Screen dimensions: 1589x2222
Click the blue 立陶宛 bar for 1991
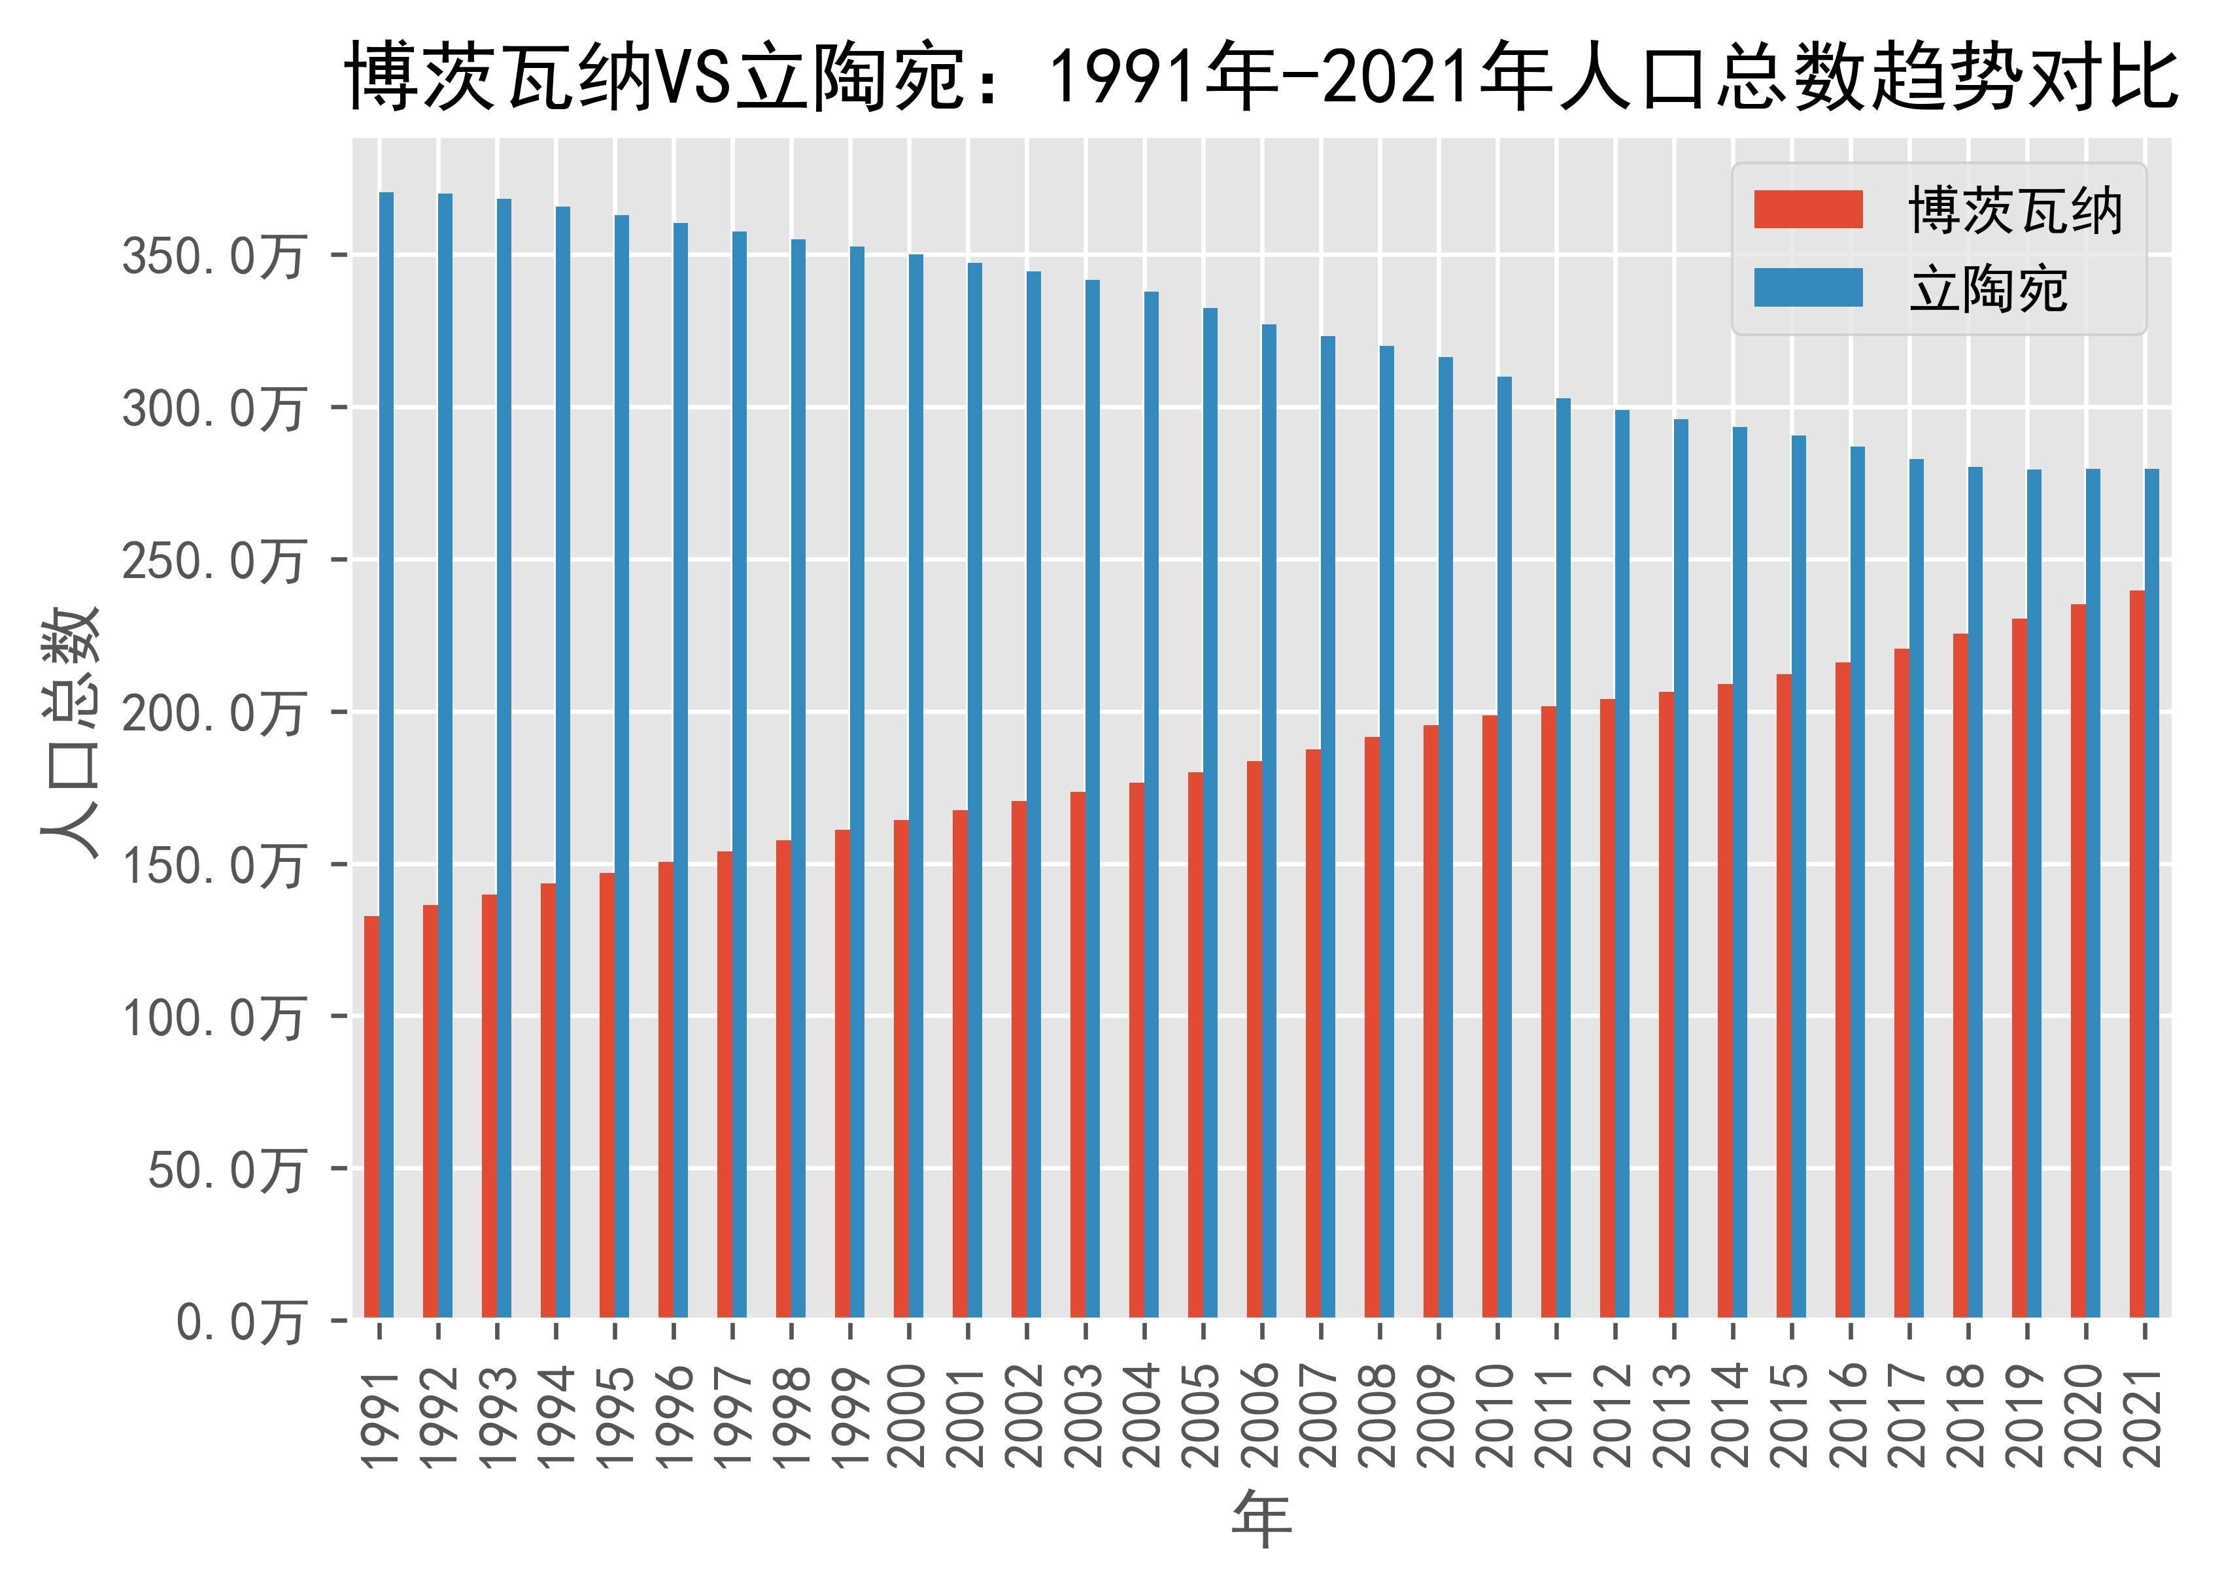386,753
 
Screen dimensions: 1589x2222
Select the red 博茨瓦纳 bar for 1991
372,1116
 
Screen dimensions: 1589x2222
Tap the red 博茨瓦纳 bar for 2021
2137,954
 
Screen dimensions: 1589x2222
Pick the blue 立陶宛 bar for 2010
1505,846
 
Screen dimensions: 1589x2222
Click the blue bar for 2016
1857,881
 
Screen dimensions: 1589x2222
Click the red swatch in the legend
1807,209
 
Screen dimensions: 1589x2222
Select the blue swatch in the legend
1807,288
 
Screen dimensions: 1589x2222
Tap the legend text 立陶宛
1987,290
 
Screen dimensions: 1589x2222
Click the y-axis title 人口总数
71,732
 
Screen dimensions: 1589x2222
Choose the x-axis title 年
1261,1520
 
